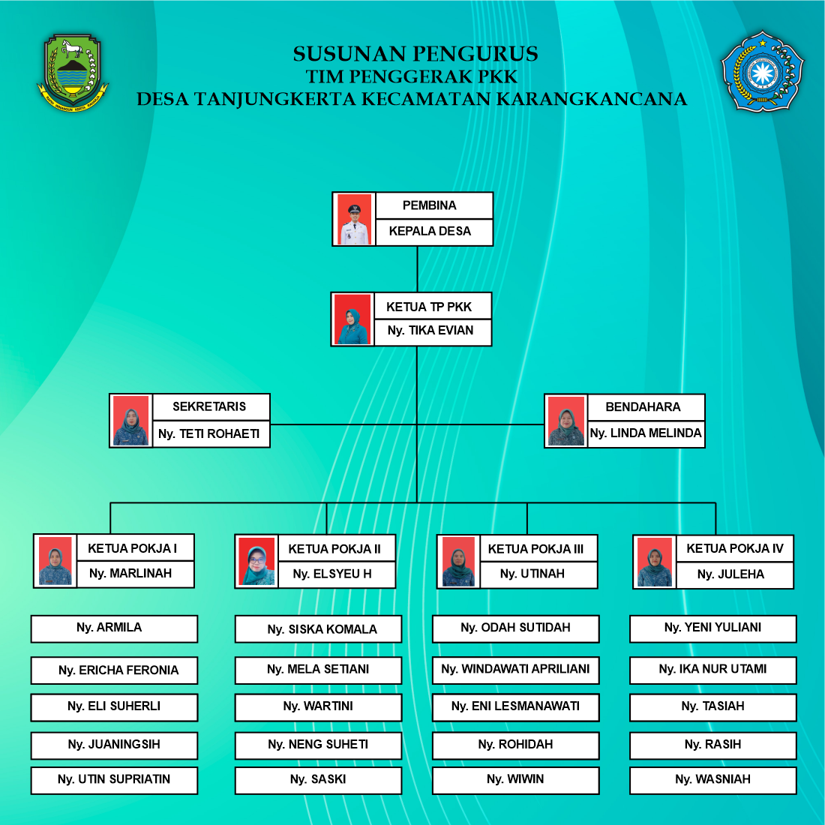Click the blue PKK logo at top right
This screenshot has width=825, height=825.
click(762, 72)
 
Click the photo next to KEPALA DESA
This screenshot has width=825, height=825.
click(354, 219)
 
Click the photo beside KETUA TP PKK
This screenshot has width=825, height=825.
click(352, 319)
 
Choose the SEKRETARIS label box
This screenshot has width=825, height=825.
click(210, 407)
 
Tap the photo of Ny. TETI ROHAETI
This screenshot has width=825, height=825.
click(131, 421)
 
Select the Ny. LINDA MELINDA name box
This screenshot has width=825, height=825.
click(645, 433)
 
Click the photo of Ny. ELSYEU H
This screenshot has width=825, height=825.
click(256, 562)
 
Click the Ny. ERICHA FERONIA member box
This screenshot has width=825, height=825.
click(114, 670)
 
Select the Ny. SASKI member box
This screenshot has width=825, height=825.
click(318, 780)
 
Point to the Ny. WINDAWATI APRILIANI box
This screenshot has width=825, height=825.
click(515, 670)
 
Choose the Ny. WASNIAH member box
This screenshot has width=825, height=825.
click(712, 780)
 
